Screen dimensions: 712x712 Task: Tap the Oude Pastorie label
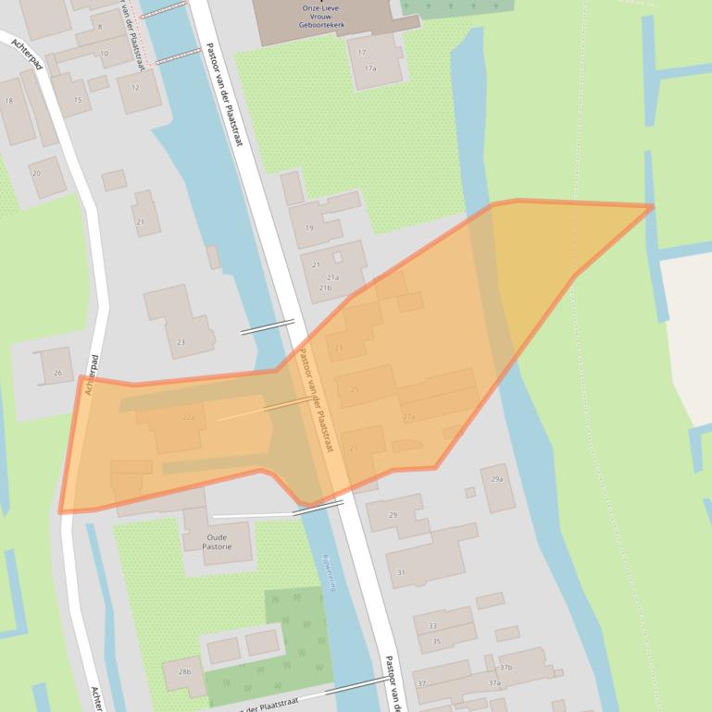219,542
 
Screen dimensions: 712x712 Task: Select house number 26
57,374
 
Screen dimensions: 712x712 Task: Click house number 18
9,101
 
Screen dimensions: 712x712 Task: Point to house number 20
36,173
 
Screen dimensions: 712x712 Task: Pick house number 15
78,100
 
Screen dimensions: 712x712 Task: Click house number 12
135,88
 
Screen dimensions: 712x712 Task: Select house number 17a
370,68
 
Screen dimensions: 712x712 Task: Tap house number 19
309,227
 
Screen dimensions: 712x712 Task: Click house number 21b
325,288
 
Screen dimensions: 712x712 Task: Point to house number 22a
189,418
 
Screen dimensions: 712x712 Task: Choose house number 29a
497,479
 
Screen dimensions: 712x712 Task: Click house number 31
401,572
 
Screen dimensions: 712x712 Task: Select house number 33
432,626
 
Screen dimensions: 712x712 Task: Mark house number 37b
506,667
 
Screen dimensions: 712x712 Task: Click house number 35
436,641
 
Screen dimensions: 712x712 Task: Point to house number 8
100,27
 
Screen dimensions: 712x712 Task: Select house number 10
105,54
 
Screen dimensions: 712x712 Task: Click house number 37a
494,683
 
